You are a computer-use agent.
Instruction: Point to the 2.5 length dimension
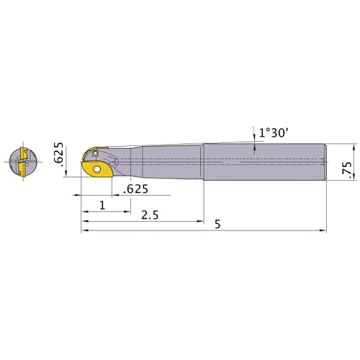point(150,215)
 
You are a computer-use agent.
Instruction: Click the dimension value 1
point(102,205)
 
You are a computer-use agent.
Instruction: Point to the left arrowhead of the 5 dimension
point(82,230)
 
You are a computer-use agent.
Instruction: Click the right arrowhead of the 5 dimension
point(325,230)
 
